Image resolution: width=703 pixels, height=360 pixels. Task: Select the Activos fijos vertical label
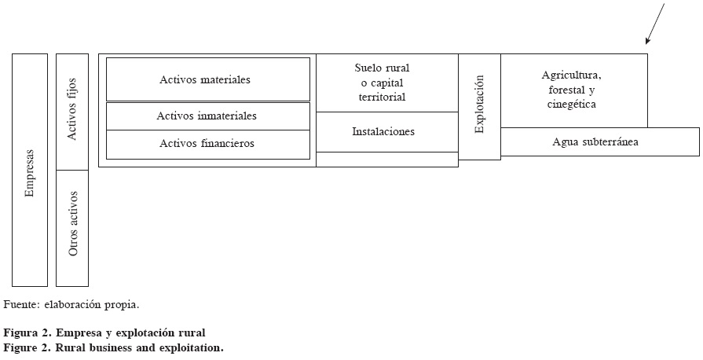pyautogui.click(x=72, y=117)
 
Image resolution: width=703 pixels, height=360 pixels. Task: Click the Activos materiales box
pyautogui.click(x=207, y=79)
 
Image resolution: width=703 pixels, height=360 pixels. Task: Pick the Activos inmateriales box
pyautogui.click(x=207, y=116)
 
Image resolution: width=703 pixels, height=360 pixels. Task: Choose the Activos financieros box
pyautogui.click(x=207, y=144)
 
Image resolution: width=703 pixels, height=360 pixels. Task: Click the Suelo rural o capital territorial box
pyautogui.click(x=386, y=83)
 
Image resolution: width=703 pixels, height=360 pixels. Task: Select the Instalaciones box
pyautogui.click(x=386, y=132)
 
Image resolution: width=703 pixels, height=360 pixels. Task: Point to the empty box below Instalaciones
pyautogui.click(x=386, y=160)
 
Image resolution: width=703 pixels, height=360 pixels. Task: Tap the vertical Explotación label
pyautogui.click(x=479, y=105)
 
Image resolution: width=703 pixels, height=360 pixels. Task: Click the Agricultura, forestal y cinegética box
pyautogui.click(x=573, y=90)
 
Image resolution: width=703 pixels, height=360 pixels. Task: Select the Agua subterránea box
pyautogui.click(x=599, y=142)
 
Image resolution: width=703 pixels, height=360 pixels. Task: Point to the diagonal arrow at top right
pyautogui.click(x=654, y=24)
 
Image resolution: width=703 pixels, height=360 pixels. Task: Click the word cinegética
pyautogui.click(x=572, y=104)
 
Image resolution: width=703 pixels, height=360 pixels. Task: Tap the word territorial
pyautogui.click(x=382, y=97)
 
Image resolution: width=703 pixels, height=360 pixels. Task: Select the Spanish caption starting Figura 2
pyautogui.click(x=104, y=333)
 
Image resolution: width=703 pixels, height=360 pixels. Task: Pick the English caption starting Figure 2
pyautogui.click(x=113, y=347)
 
